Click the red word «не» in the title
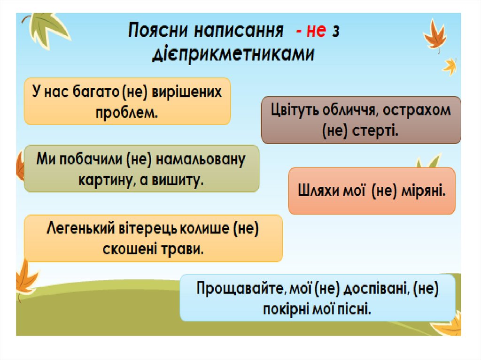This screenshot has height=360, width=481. (x=316, y=31)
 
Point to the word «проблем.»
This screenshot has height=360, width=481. (x=127, y=112)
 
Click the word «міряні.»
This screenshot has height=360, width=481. (x=422, y=191)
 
